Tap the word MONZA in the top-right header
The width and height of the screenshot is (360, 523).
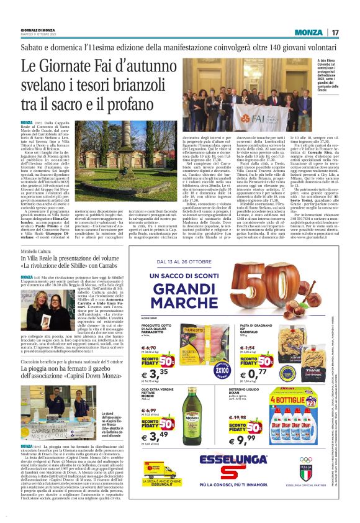click(x=308, y=32)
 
